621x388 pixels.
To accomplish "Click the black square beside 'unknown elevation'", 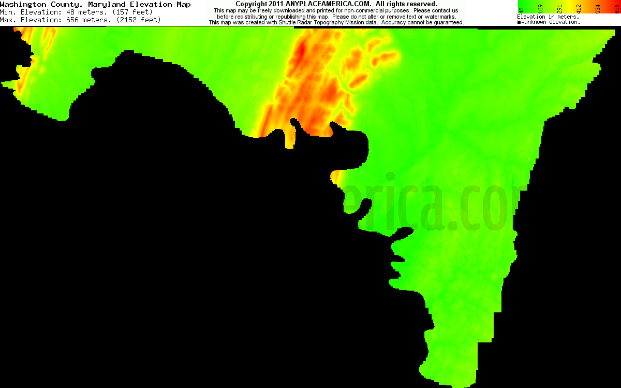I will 519,22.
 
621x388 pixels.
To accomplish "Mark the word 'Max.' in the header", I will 7,20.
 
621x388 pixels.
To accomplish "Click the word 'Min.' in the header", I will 7,12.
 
